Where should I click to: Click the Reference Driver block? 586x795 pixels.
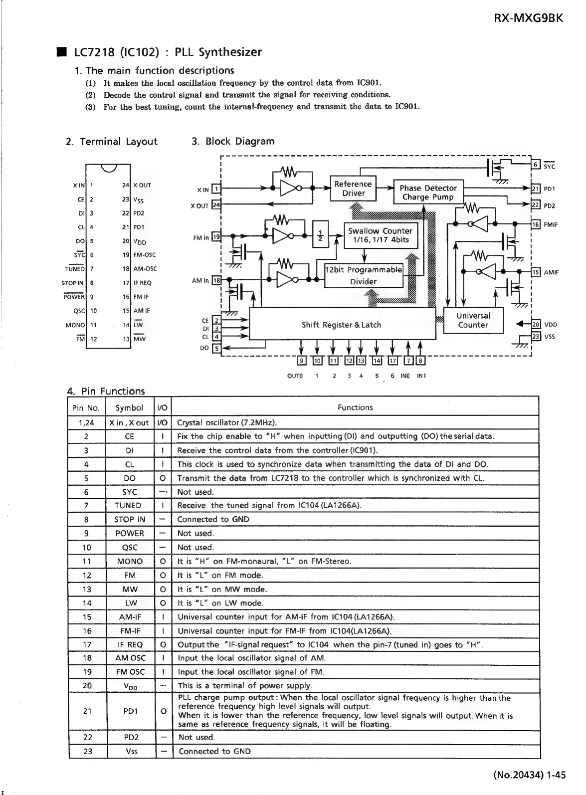[353, 189]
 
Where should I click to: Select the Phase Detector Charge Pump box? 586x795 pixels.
[428, 193]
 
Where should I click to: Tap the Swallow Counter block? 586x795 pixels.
[380, 235]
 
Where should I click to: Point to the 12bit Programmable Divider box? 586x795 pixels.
[364, 275]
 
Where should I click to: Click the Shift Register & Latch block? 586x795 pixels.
[341, 325]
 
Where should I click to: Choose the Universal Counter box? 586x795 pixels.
[473, 320]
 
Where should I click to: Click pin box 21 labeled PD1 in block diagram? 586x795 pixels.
[536, 189]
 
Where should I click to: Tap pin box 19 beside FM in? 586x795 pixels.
[216, 237]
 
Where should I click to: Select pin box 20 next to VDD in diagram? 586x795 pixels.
[536, 324]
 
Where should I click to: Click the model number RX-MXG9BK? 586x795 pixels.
[529, 18]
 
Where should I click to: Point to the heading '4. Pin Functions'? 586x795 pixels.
[106, 391]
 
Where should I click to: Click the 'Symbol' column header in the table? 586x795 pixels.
[129, 407]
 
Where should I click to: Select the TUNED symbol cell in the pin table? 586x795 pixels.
[129, 505]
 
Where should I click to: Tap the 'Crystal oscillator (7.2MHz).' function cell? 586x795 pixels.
[227, 422]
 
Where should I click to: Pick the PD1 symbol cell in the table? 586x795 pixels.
[131, 711]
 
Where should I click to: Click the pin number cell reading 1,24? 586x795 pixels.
[87, 422]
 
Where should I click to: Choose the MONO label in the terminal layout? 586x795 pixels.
[75, 325]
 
